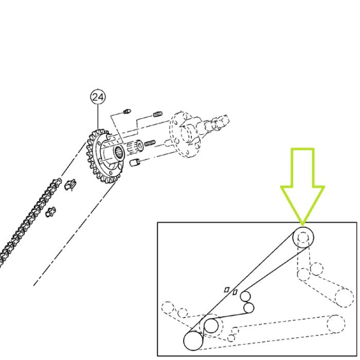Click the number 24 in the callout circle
pyautogui.click(x=98, y=97)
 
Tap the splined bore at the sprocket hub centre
pyautogui.click(x=119, y=153)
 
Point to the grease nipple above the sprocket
pyautogui.click(x=127, y=112)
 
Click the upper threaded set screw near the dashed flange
pyautogui.click(x=158, y=114)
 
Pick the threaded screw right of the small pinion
pyautogui.click(x=150, y=143)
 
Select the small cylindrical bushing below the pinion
pyautogui.click(x=135, y=163)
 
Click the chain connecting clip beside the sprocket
pyautogui.click(x=70, y=185)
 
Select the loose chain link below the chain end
pyautogui.click(x=51, y=212)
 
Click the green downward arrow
pyautogui.click(x=302, y=186)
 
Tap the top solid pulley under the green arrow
pyautogui.click(x=303, y=238)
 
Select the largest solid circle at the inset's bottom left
pyautogui.click(x=193, y=341)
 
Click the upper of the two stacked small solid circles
pyautogui.click(x=246, y=296)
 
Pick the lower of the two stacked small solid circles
pyautogui.click(x=248, y=308)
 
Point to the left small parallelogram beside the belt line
pyautogui.click(x=227, y=290)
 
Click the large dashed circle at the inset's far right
pyautogui.click(x=344, y=298)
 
